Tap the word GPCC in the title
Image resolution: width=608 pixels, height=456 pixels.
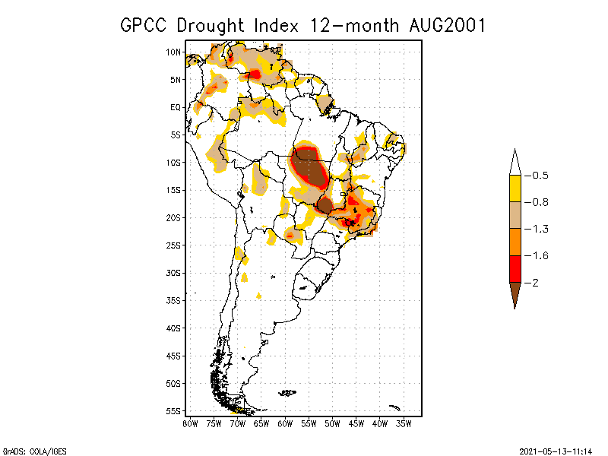tap(146, 25)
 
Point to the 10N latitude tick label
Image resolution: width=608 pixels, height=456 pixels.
tap(173, 52)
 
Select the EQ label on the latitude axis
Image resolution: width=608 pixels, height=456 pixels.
tap(176, 107)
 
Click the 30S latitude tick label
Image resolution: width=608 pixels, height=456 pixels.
tap(173, 273)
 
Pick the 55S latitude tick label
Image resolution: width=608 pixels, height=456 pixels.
tap(173, 411)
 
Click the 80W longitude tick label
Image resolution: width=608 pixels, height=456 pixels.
tap(190, 423)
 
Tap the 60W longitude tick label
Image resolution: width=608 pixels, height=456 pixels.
tap(285, 423)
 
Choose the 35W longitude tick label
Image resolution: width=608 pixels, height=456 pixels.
tap(404, 423)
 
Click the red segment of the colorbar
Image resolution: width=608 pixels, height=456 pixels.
tap(515, 268)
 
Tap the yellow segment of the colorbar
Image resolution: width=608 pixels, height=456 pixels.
tap(515, 188)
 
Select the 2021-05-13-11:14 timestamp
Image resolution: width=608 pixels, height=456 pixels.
tap(555, 450)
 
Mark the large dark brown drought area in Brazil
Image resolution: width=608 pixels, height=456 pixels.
tap(309, 171)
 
